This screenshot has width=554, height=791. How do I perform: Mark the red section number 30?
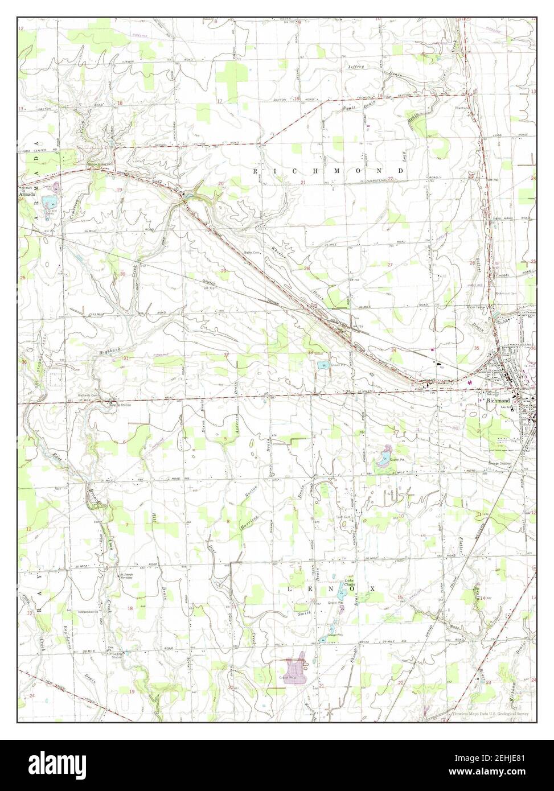(122, 274)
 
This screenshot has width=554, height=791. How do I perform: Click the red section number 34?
(393, 349)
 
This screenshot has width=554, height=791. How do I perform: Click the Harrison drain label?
(248, 521)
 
